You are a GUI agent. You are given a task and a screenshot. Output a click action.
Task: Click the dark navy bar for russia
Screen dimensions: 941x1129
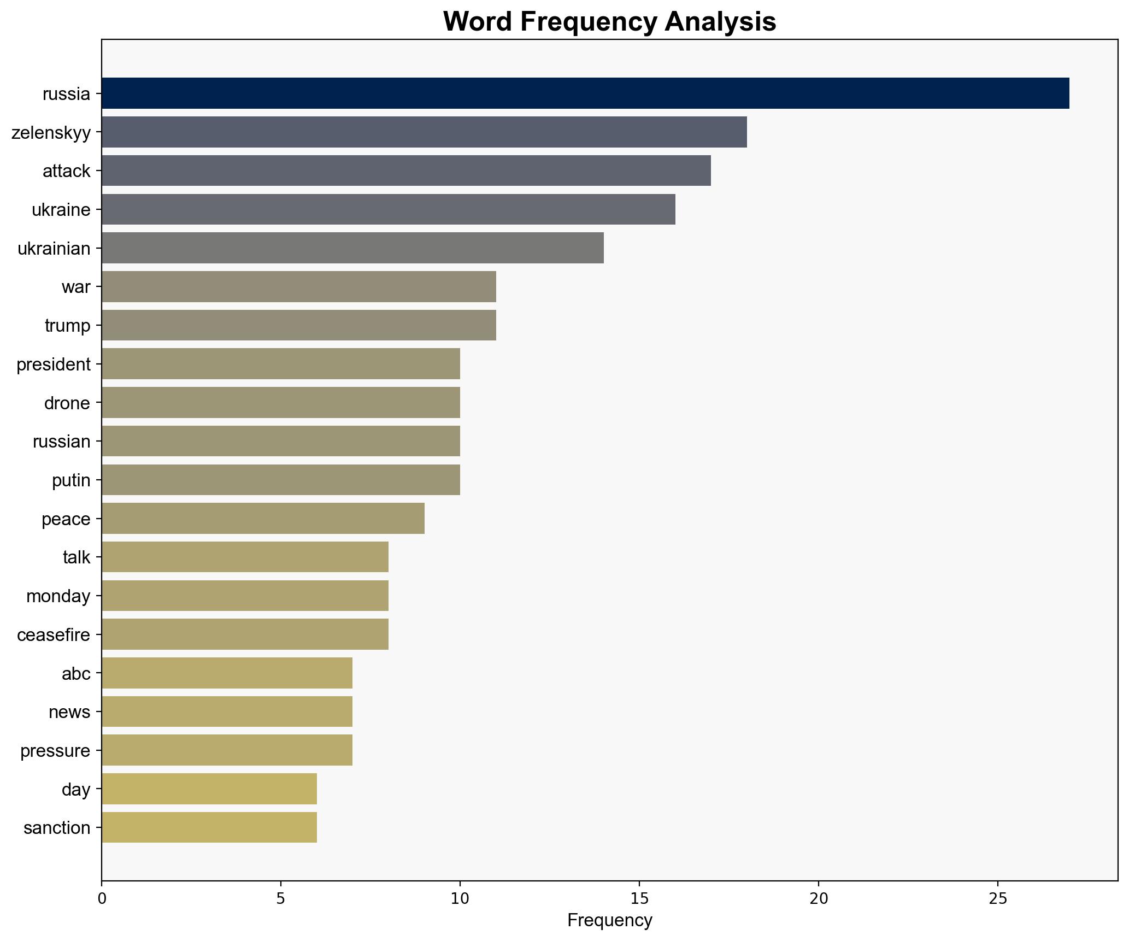[585, 93]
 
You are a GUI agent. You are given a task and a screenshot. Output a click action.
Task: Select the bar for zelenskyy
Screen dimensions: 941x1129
[424, 132]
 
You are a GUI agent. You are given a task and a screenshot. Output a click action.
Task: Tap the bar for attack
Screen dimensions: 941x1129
[406, 171]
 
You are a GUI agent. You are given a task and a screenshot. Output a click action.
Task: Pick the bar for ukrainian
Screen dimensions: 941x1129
[352, 248]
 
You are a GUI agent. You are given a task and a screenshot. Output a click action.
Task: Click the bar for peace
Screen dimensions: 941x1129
[263, 519]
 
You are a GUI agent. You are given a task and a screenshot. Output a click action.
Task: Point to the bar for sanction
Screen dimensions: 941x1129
[209, 828]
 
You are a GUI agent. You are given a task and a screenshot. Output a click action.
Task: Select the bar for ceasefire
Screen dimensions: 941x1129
[245, 634]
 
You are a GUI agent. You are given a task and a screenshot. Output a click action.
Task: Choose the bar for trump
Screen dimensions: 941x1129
[299, 326]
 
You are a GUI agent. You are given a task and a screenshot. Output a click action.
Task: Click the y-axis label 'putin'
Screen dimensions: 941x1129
[71, 480]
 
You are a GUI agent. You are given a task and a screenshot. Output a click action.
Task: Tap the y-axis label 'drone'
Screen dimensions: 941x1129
[67, 403]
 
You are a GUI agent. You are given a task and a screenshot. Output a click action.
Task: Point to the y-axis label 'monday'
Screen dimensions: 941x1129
[58, 596]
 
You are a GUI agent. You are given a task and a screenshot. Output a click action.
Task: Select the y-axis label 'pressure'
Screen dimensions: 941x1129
[55, 751]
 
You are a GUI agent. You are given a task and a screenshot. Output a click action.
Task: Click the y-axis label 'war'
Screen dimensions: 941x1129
[76, 287]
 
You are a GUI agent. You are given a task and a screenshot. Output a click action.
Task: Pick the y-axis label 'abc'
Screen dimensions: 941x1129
[76, 674]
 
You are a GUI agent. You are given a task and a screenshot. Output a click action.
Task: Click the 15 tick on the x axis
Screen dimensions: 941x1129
[639, 899]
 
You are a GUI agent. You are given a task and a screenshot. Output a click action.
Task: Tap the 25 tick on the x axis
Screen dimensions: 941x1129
[998, 899]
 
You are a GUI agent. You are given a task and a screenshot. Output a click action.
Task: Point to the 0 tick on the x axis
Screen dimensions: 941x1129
[102, 899]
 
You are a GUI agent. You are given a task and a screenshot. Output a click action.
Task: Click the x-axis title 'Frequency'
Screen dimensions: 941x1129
[609, 921]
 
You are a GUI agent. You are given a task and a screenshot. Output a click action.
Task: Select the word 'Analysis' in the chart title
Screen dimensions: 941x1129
[720, 22]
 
